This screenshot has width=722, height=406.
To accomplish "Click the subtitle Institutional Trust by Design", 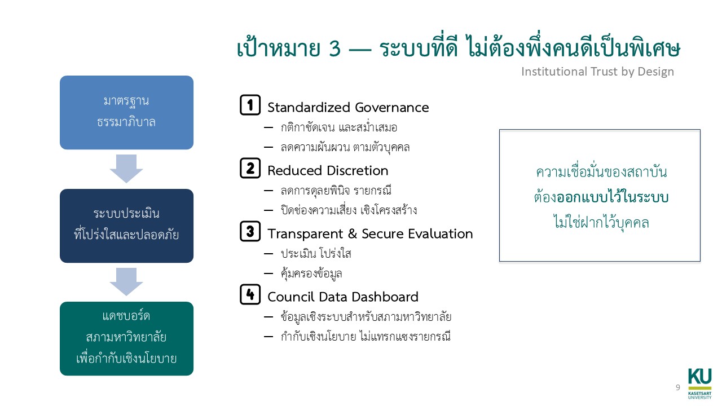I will pos(597,72).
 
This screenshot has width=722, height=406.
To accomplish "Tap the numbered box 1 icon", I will pos(250,105).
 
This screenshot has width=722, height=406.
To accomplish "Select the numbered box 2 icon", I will pos(250,169).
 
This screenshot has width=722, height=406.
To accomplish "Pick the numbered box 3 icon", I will pos(250,232).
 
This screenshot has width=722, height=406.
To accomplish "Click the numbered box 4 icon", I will pos(250,295).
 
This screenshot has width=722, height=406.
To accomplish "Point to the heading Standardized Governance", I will pos(348,107).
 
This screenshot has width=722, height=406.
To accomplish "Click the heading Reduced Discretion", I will pos(328,170).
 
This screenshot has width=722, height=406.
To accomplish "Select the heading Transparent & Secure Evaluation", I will pos(370,233).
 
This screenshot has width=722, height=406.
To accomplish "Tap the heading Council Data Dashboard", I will pos(343,297).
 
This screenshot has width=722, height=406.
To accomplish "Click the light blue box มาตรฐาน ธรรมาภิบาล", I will pos(126,112).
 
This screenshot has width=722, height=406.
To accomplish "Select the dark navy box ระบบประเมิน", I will pos(126,226).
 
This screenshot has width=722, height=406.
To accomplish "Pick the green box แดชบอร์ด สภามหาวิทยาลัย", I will pos(126,338).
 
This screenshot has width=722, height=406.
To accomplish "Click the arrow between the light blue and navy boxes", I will pos(126,169).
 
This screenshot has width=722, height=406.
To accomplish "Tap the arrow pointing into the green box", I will pos(126,281).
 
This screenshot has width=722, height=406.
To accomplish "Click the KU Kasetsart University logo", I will pos(699,383).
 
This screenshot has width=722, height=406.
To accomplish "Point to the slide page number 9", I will pos(677,387).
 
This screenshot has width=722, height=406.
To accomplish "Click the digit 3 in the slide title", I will pos(334,50).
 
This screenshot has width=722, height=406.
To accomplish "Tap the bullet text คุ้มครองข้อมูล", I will pos(311,274).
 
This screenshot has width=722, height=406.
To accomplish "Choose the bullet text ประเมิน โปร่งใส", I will pos(316,254).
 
